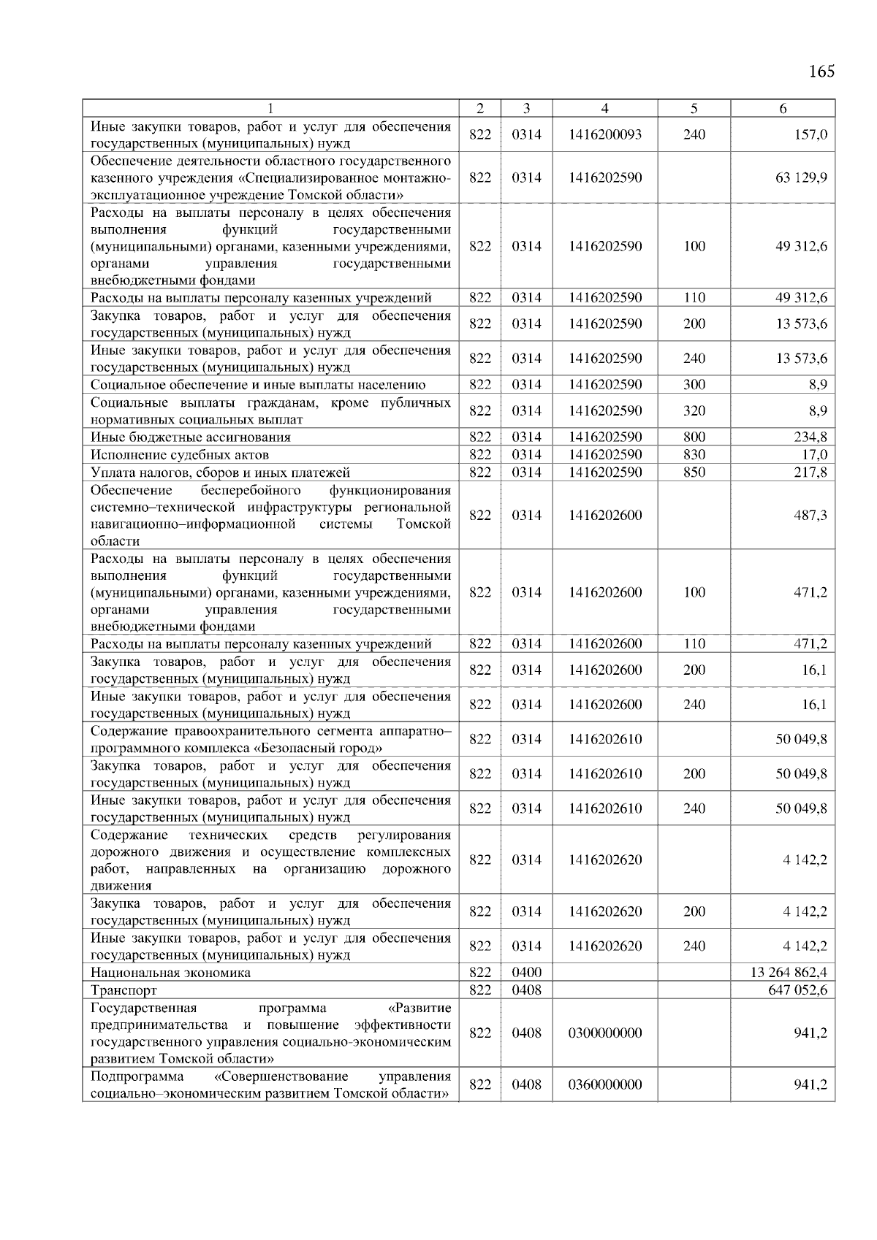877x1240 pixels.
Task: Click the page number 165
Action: click(821, 72)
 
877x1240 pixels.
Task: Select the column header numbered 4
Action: click(604, 109)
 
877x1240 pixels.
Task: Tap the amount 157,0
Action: click(812, 135)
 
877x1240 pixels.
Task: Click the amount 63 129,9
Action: click(801, 178)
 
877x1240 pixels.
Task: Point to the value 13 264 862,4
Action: click(789, 973)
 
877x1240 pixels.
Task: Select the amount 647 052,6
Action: click(797, 990)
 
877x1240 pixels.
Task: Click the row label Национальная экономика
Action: click(170, 973)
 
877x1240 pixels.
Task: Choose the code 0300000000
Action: click(604, 1033)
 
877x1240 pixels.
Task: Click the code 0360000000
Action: click(604, 1085)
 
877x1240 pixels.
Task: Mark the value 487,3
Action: click(810, 516)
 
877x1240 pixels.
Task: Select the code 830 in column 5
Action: click(694, 455)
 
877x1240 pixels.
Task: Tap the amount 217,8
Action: click(810, 472)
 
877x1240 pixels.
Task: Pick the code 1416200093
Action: click(604, 135)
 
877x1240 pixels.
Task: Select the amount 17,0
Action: click(814, 455)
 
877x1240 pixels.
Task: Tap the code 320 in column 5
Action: click(694, 411)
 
